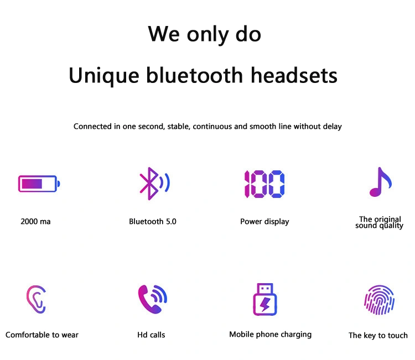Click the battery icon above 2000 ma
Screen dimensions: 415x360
pyautogui.click(x=39, y=184)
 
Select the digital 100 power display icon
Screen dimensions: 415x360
pyautogui.click(x=264, y=184)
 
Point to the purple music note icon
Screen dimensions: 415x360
pyautogui.click(x=380, y=182)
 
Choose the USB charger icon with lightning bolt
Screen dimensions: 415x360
pyautogui.click(x=265, y=299)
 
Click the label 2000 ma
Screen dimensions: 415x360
pyautogui.click(x=35, y=221)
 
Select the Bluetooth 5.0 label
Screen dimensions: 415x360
pyautogui.click(x=153, y=221)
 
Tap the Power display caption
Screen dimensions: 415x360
pyautogui.click(x=264, y=222)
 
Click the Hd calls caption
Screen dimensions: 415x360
pyautogui.click(x=151, y=335)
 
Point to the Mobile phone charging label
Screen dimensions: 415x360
pyautogui.click(x=270, y=335)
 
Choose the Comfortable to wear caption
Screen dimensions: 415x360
pyautogui.click(x=42, y=335)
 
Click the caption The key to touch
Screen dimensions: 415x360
pyautogui.click(x=378, y=336)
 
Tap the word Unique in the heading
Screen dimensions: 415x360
pyautogui.click(x=104, y=76)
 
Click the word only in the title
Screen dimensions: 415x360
pyautogui.click(x=207, y=35)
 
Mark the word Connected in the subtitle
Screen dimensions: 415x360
pyautogui.click(x=92, y=127)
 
